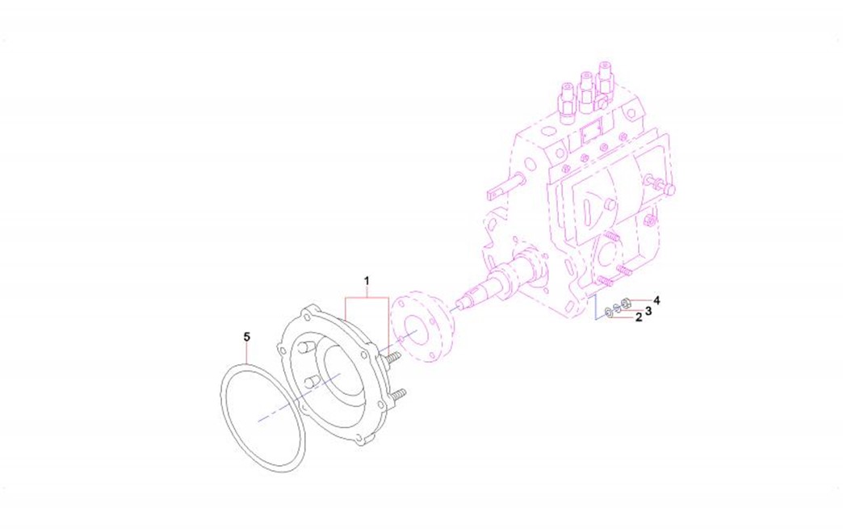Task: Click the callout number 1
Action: (367, 280)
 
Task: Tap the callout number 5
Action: (247, 337)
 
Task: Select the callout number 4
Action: (656, 300)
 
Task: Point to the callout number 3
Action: (648, 310)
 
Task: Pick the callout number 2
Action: (639, 317)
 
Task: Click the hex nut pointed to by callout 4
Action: (625, 304)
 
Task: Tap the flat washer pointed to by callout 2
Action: (608, 312)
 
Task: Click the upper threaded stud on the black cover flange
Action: (392, 357)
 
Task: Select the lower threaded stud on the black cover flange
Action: (397, 396)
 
